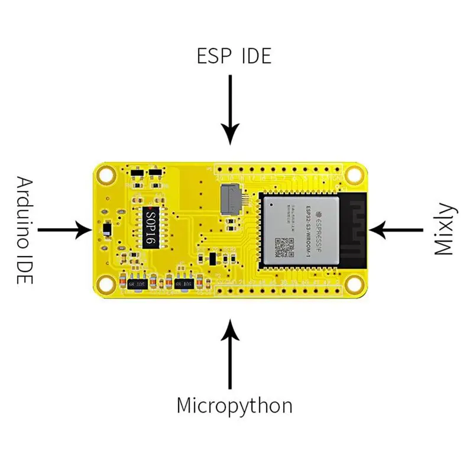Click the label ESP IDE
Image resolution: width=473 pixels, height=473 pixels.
pyautogui.click(x=234, y=56)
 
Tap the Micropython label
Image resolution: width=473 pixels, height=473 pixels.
pyautogui.click(x=234, y=406)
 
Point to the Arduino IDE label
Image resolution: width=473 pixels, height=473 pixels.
pyautogui.click(x=24, y=229)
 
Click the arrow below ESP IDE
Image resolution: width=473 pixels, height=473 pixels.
pyautogui.click(x=231, y=112)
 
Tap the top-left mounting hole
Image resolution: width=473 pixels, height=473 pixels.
pyautogui.click(x=106, y=175)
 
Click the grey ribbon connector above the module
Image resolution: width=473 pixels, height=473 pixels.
pyautogui.click(x=231, y=199)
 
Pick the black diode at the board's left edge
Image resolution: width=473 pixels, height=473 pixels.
pyautogui.click(x=107, y=229)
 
